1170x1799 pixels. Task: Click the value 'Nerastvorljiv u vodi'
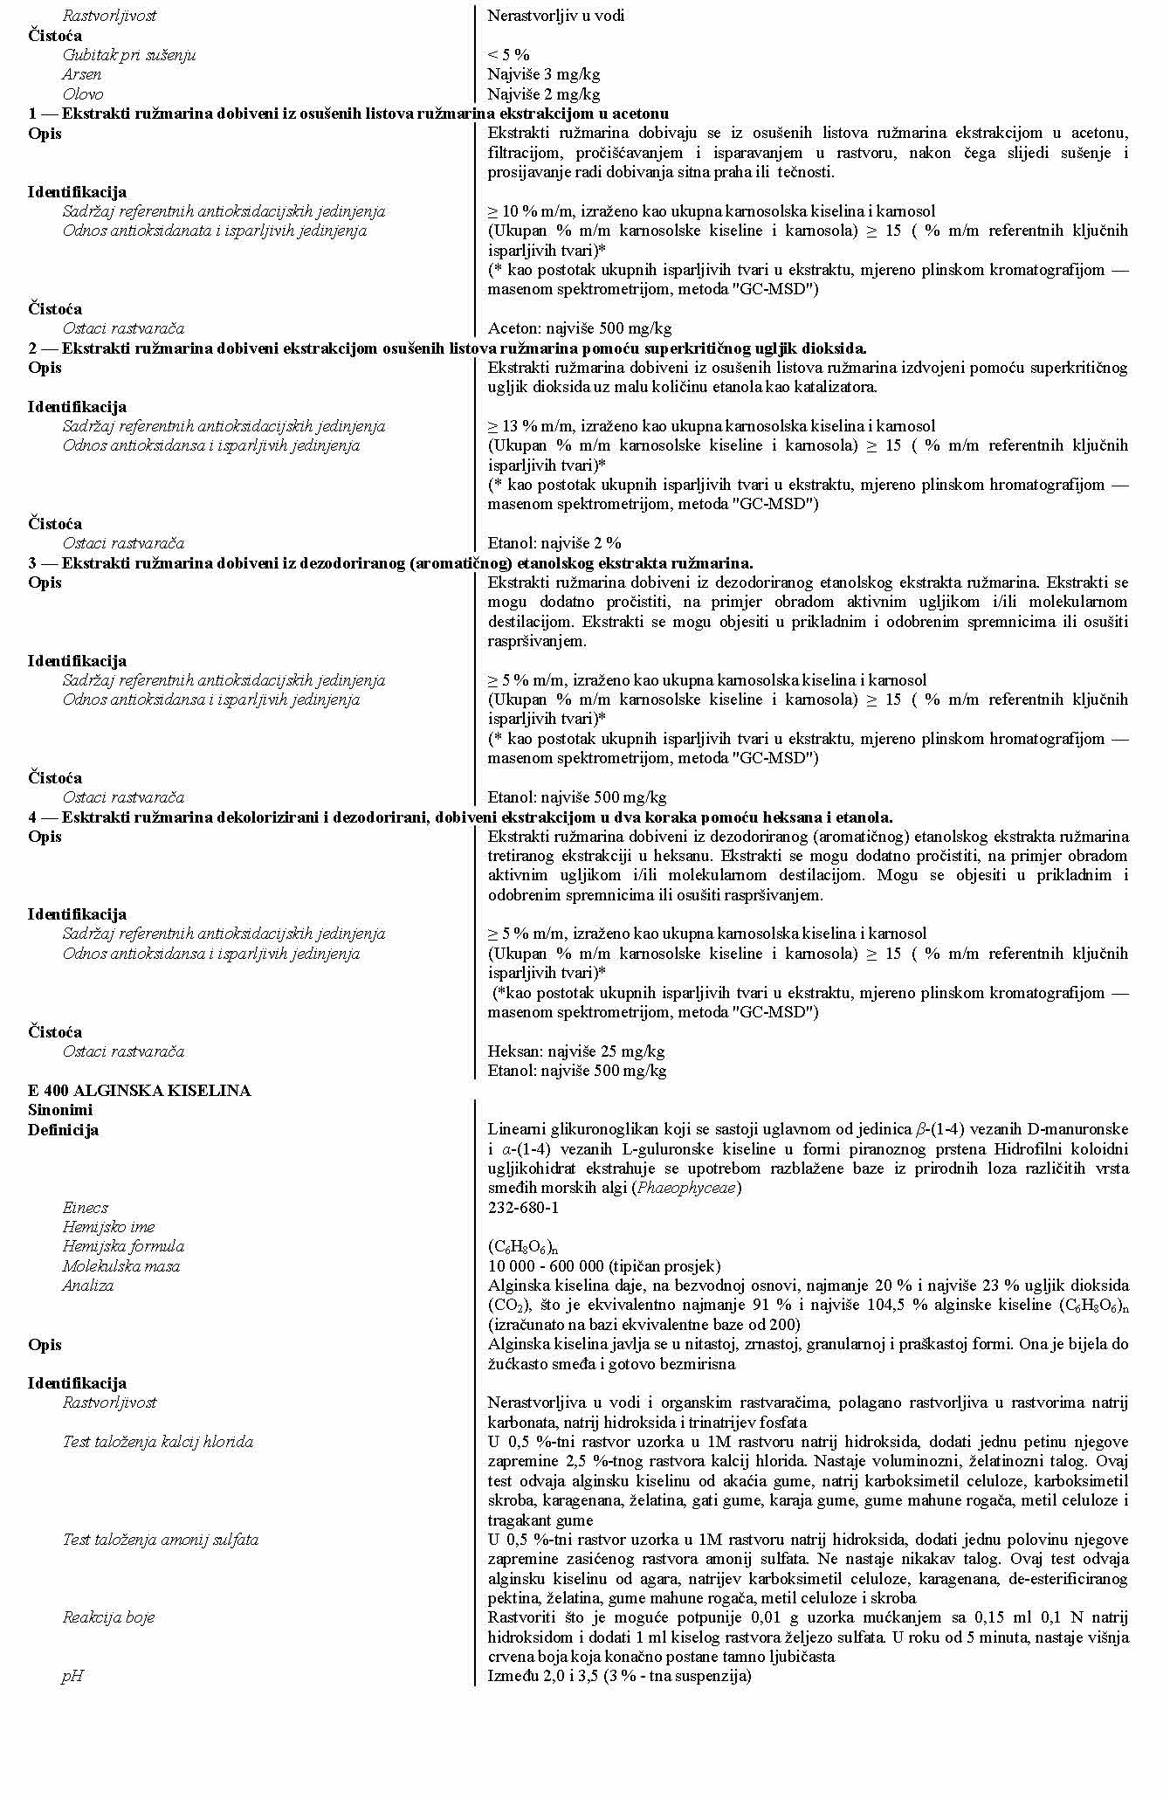click(x=555, y=16)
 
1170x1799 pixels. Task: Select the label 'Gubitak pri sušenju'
click(x=128, y=55)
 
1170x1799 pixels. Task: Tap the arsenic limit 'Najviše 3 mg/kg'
click(x=543, y=74)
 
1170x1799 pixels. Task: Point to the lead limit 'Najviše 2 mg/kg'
click(x=543, y=94)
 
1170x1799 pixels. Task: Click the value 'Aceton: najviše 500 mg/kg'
click(x=579, y=328)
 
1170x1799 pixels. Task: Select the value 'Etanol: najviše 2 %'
click(x=554, y=543)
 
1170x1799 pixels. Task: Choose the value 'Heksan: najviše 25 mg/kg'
click(x=575, y=1051)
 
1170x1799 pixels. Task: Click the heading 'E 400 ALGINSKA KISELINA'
click(x=139, y=1091)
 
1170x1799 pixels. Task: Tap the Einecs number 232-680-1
click(x=523, y=1208)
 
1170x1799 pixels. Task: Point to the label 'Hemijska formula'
click(x=123, y=1246)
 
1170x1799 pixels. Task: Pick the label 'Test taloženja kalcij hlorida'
click(x=157, y=1442)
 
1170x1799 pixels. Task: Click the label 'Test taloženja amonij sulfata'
click(x=160, y=1540)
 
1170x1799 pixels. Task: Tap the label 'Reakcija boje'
click(x=108, y=1617)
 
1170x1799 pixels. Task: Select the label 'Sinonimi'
click(x=60, y=1110)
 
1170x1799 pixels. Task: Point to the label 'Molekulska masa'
click(x=120, y=1266)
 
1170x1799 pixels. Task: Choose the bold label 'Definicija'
click(x=63, y=1130)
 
